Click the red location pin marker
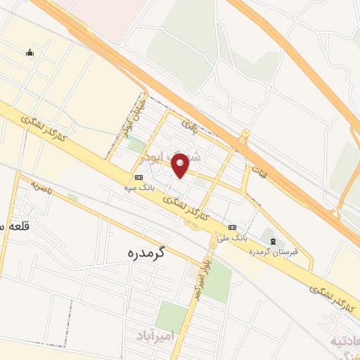(181, 166)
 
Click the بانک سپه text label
(138, 188)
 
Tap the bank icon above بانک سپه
(138, 177)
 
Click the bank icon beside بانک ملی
(233, 226)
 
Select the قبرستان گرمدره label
(276, 251)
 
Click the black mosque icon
(30, 51)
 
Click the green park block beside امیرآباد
(170, 315)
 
